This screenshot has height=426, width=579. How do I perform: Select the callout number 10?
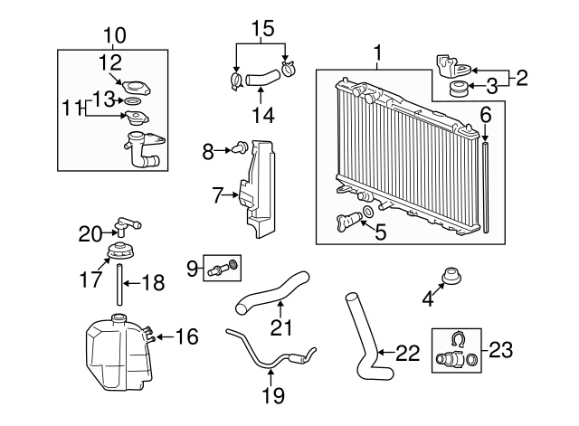[115, 35]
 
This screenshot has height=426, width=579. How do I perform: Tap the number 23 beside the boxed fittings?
[499, 348]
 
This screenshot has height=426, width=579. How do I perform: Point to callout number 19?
[272, 395]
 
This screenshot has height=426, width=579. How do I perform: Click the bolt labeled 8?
[241, 148]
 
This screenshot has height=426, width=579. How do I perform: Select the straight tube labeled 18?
[119, 284]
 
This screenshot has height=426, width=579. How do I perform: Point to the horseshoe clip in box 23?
[457, 341]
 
